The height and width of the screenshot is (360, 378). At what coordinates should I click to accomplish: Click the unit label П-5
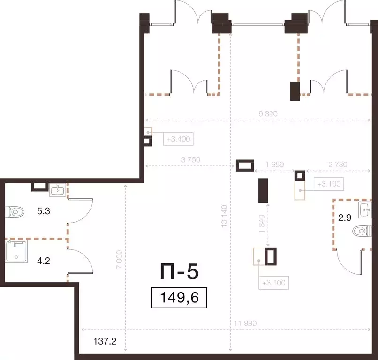click(180, 271)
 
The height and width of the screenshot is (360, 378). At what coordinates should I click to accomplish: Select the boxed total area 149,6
click(179, 298)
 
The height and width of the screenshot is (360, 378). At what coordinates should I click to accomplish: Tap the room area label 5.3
click(44, 211)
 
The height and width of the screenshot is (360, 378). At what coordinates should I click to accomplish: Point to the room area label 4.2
click(44, 261)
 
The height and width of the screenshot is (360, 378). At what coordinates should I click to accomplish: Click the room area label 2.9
click(345, 218)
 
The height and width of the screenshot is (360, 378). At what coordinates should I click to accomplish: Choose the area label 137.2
click(105, 341)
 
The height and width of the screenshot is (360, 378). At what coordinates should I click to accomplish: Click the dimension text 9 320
click(268, 113)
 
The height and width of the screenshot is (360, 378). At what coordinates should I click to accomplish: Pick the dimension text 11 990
click(245, 323)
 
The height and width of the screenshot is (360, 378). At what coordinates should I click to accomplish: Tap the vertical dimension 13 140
click(224, 217)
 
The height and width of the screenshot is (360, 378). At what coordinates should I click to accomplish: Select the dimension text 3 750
click(191, 160)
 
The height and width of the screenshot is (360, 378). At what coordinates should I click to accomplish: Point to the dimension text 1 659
click(274, 165)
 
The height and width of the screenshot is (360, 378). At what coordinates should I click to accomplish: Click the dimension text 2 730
click(338, 165)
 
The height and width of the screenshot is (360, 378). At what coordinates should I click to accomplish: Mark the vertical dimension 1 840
click(262, 224)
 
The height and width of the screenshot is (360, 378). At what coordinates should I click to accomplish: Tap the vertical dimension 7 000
click(120, 260)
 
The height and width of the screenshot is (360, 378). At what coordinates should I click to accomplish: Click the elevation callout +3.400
click(178, 139)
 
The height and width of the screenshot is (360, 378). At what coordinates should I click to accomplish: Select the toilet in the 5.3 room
click(15, 212)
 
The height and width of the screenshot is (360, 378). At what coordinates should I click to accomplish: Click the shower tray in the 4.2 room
click(16, 251)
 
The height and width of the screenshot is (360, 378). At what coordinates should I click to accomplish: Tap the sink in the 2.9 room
click(365, 210)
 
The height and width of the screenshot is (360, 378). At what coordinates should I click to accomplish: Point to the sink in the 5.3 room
click(58, 189)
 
